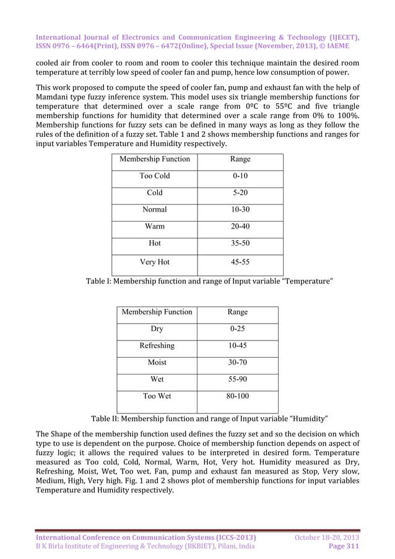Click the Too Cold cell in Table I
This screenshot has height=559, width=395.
point(154,176)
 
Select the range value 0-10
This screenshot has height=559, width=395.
point(240,176)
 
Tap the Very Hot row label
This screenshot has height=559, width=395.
point(154,262)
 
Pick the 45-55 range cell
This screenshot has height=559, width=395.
point(240,262)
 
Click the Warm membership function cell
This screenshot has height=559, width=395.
point(154,227)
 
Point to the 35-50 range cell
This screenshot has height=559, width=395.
point(240,243)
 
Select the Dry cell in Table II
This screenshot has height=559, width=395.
point(157,329)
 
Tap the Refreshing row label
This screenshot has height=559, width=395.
point(157,345)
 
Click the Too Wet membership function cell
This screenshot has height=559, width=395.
point(157,396)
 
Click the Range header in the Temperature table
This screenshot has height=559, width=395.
point(240,159)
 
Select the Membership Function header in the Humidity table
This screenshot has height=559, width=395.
point(157,311)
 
